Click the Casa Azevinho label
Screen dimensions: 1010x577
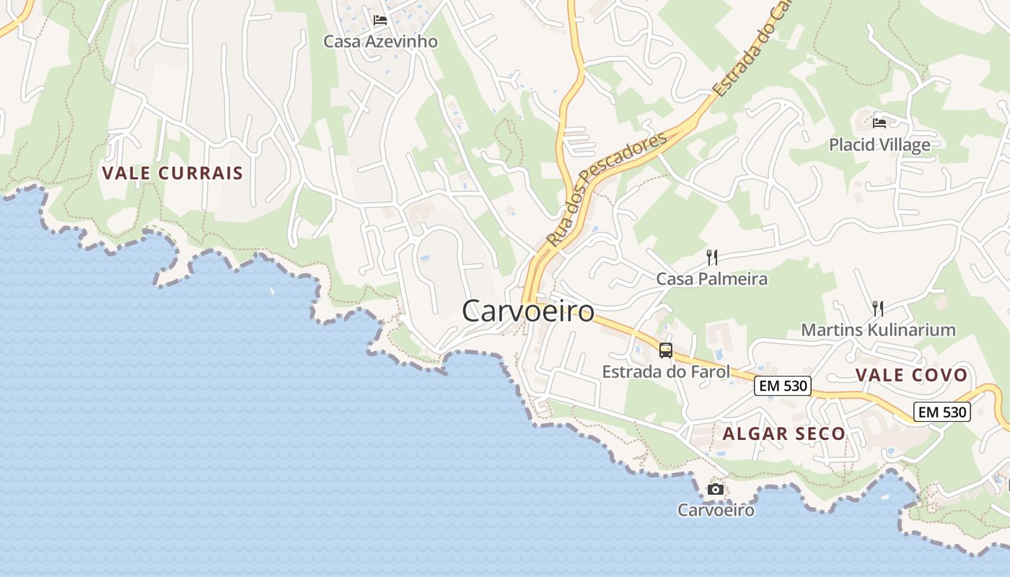380,41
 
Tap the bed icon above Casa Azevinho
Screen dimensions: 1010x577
380,20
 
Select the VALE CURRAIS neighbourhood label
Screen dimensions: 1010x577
172,173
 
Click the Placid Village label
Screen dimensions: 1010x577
879,145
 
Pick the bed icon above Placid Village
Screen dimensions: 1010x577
879,123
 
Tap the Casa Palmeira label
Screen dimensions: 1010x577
711,278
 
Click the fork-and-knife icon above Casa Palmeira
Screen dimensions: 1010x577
711,257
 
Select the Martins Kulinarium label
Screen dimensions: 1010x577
878,330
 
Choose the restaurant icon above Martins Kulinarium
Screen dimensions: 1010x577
878,309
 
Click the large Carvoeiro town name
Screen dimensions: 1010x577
528,312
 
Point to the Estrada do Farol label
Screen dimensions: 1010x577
666,372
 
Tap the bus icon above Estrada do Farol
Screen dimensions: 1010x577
666,351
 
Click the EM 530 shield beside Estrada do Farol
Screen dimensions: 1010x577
783,386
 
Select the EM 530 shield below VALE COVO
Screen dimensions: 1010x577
941,412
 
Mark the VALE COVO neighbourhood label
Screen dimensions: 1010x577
911,375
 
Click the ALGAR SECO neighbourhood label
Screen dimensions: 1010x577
783,433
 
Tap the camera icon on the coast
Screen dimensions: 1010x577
716,489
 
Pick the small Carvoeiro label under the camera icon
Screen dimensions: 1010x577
716,510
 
